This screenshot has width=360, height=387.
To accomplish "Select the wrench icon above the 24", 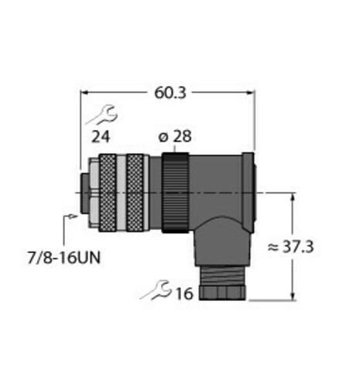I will pos(101,117).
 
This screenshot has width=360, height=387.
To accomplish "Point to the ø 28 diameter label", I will pos(174,138).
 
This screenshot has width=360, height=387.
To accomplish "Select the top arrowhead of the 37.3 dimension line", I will pos(292,197).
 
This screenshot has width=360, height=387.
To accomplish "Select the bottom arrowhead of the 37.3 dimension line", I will pos(292,296).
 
